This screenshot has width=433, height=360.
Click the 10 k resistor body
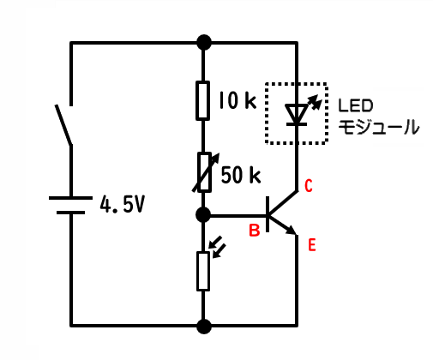click(202, 100)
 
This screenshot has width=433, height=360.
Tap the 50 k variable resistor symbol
click(205, 172)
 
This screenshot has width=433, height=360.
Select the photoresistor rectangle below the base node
click(203, 271)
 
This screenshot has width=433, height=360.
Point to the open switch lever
click(63, 125)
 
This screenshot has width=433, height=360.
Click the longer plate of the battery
click(70, 198)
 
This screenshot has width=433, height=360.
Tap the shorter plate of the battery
click(70, 213)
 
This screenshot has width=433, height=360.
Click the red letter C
click(309, 186)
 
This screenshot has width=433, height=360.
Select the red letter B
click(255, 231)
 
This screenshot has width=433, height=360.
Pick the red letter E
click(312, 245)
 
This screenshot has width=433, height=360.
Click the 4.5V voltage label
click(122, 205)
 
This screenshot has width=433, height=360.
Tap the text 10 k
click(238, 100)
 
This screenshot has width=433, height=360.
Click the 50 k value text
click(241, 175)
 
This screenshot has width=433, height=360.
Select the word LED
click(356, 105)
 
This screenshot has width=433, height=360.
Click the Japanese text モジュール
click(379, 127)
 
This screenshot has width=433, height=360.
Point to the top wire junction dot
click(204, 43)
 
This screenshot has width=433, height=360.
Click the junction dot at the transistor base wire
click(203, 215)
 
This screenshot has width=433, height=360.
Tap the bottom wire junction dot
click(204, 326)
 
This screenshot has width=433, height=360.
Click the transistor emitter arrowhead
click(292, 230)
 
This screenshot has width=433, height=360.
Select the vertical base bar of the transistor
click(268, 214)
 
